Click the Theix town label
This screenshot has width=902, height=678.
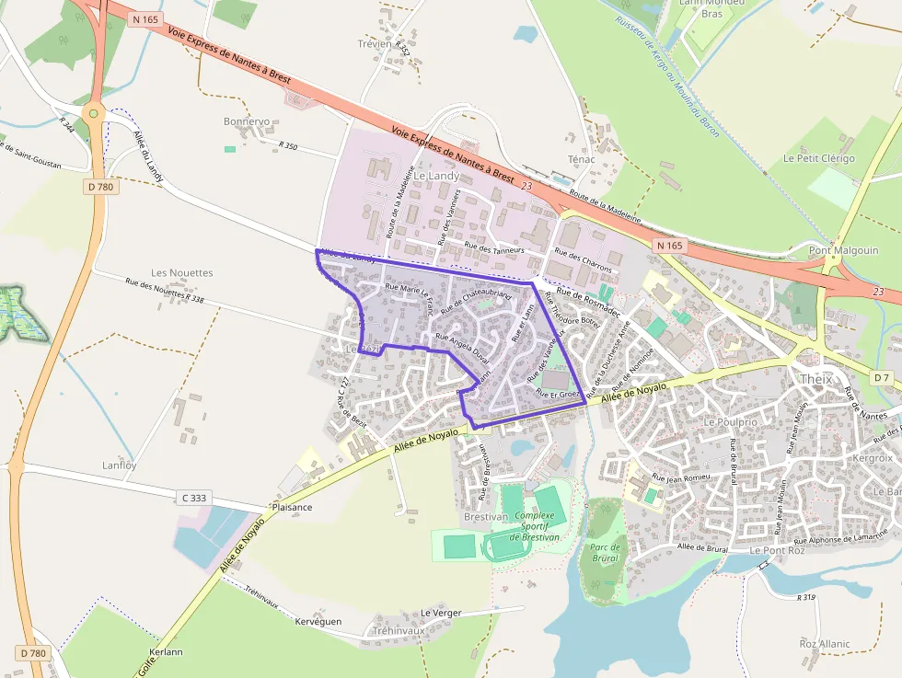click(815, 379)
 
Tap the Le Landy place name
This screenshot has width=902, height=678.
click(435, 175)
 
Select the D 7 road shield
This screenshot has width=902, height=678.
click(882, 377)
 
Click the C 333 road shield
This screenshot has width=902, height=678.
click(194, 498)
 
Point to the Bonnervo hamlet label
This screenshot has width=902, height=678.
click(247, 121)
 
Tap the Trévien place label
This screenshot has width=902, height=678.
click(375, 43)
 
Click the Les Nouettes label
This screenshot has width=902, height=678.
click(181, 273)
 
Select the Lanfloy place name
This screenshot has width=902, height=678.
click(120, 465)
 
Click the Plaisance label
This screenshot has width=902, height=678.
click(292, 507)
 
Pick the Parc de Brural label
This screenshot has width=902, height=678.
click(604, 553)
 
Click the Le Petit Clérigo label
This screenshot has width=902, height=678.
click(818, 158)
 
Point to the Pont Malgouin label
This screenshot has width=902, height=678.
click(843, 250)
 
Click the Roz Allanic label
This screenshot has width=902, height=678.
click(825, 644)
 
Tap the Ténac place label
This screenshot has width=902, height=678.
click(581, 159)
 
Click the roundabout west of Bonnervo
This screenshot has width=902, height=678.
click(92, 113)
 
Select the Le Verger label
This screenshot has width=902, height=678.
click(441, 613)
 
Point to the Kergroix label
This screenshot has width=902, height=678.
click(873, 457)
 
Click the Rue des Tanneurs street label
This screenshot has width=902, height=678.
click(494, 247)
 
